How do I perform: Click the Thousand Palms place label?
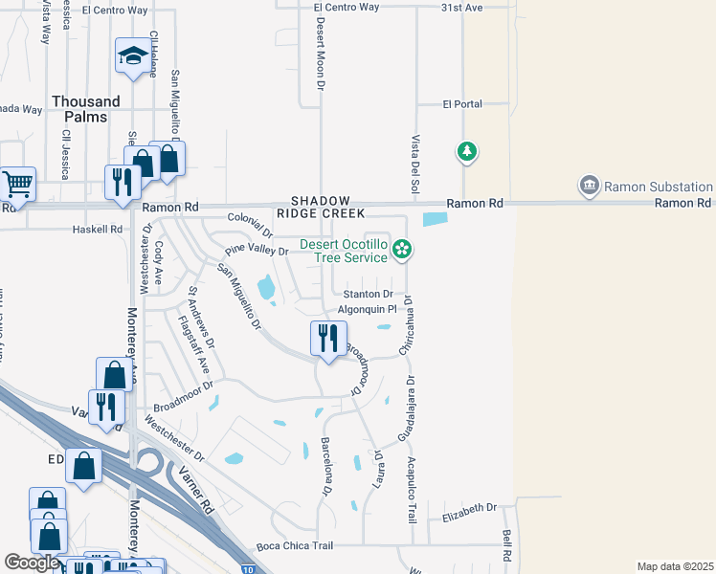(x=86, y=109)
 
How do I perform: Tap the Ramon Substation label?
(x=659, y=187)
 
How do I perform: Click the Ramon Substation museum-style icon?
(x=588, y=184)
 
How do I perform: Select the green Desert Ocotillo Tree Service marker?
(x=403, y=251)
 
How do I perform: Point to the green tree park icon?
(x=467, y=151)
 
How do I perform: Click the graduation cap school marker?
(x=133, y=56)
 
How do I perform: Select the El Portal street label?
(x=462, y=104)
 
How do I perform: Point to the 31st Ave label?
(x=462, y=7)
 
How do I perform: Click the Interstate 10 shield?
(x=248, y=570)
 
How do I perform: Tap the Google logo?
(x=32, y=563)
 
